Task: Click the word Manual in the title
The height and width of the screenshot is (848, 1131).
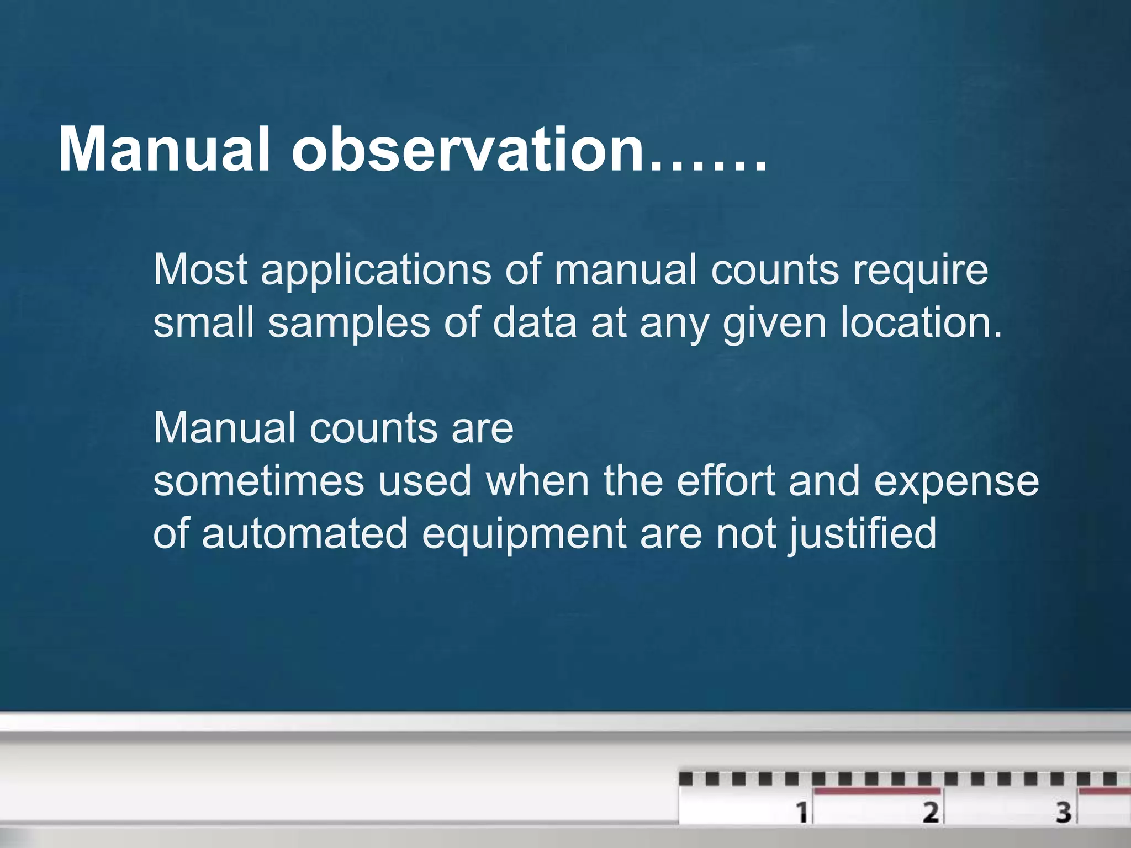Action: pos(164,150)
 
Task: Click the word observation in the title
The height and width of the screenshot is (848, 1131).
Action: pos(468,150)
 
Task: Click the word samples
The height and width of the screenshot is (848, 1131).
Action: pos(348,324)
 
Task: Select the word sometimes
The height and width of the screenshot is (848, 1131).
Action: pos(258,481)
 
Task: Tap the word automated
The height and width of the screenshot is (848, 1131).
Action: pos(304,534)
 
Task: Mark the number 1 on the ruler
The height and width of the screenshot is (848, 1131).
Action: pos(801,812)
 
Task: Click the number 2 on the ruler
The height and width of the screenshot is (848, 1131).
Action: pos(931,812)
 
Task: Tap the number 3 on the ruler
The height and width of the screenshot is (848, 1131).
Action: pos(1064,812)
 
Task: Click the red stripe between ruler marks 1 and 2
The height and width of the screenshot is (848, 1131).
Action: pos(877,792)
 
